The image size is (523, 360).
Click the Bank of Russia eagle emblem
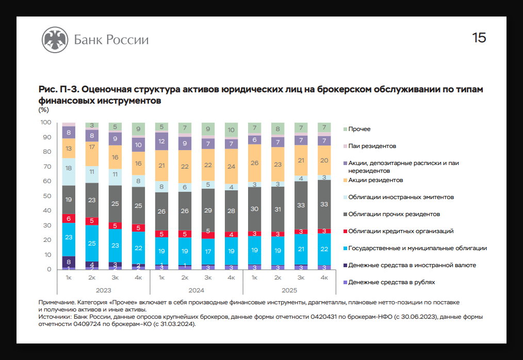coord(54,40)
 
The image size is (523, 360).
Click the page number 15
coord(479,38)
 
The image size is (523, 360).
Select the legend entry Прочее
coord(359,129)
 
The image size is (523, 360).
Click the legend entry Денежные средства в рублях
coord(391,282)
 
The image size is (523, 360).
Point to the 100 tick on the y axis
coord(46,122)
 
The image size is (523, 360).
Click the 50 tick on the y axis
coord(47,196)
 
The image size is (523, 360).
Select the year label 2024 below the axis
coord(195,290)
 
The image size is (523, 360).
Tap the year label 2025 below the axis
coord(289,290)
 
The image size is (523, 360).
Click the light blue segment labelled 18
coord(69,168)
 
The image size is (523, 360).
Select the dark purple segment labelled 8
coord(69,262)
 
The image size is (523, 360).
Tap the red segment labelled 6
coord(69,219)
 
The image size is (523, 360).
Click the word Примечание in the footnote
coord(56,301)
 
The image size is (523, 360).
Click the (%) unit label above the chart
coord(43,109)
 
